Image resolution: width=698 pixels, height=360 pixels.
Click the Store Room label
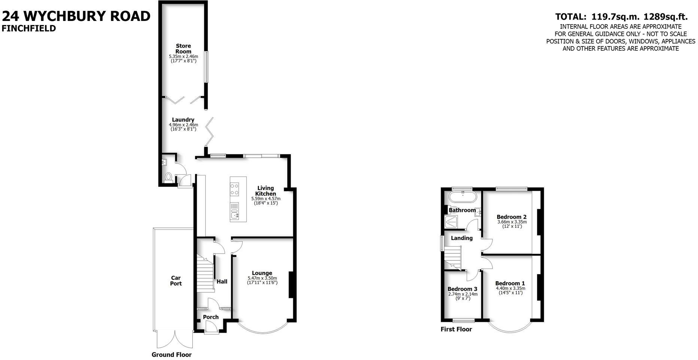pos(183,49)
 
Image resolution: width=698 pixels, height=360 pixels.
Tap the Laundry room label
pos(183,120)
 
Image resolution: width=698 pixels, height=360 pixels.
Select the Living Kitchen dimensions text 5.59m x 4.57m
pos(265,199)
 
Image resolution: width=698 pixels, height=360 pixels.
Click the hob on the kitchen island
pos(234,189)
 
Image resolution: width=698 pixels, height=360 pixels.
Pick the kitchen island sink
pos(234,215)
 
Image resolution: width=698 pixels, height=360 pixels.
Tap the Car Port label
pos(176,281)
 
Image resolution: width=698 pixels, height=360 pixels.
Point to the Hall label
pos(222,282)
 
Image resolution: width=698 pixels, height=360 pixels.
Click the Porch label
pos(210,317)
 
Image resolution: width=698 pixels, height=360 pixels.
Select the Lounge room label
pos(262,273)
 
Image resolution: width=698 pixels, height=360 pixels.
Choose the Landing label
pos(461,238)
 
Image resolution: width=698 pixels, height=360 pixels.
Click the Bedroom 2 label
pos(512,217)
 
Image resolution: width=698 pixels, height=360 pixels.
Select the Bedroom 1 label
pos(510,284)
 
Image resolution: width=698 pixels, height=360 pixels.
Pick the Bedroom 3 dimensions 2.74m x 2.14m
pos(463,294)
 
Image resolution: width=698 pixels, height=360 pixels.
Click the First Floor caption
pos(456,329)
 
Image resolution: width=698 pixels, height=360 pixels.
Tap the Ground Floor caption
pos(172,355)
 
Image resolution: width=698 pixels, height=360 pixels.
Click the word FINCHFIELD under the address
pos(29,28)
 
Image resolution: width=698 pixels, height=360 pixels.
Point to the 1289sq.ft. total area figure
pos(665,17)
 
